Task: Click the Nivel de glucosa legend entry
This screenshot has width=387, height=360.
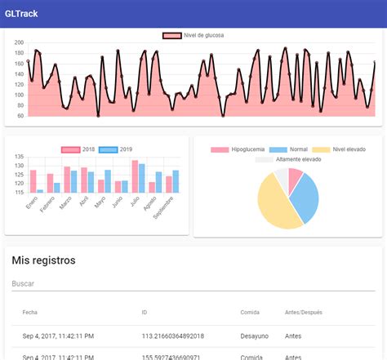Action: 193,36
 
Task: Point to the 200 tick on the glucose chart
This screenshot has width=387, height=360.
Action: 19,42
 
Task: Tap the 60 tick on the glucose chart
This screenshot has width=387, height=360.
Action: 20,116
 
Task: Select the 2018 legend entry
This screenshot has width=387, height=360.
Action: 80,149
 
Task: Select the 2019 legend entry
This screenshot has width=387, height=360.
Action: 118,149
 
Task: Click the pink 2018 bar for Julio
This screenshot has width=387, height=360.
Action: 135,176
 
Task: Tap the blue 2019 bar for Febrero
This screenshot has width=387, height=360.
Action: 56,188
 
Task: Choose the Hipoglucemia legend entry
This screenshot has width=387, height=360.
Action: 238,149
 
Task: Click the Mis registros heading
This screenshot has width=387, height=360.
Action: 43,260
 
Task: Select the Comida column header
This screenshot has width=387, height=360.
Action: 250,312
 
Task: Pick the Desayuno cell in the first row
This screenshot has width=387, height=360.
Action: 254,336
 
